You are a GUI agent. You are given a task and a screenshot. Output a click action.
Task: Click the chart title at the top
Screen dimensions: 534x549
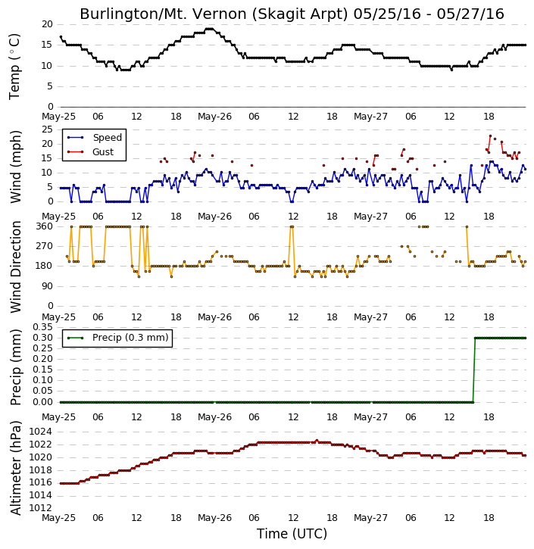point(292,14)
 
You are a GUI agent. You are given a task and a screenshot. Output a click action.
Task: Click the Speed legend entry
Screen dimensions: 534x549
point(95,138)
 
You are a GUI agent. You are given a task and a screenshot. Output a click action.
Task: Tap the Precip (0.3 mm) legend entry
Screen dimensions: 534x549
point(117,338)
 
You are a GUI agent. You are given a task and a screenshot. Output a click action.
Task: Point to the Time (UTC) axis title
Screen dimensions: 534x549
point(292,534)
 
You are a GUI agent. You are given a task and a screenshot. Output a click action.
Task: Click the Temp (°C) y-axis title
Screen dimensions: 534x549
point(14,67)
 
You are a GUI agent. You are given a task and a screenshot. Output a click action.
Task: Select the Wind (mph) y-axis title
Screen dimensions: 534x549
point(16,167)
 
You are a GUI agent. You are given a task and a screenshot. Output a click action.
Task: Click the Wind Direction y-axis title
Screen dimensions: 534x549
point(16,267)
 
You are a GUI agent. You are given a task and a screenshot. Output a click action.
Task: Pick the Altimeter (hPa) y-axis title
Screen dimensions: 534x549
point(16,467)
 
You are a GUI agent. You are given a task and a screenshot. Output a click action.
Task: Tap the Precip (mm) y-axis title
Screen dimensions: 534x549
point(16,367)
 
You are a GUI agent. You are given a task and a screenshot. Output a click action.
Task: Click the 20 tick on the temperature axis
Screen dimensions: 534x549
point(47,24)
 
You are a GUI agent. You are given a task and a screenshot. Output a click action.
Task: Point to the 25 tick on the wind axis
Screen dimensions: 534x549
point(47,129)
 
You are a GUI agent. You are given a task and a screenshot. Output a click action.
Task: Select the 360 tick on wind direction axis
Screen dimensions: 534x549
point(45,226)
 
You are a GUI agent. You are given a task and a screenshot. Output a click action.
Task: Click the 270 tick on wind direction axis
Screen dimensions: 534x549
point(45,246)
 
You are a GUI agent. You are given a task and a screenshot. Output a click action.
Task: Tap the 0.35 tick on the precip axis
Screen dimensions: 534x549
point(42,327)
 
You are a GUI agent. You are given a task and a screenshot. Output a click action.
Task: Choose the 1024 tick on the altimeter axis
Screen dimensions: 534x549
point(40,432)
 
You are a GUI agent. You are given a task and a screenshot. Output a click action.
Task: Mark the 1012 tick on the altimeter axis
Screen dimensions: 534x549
point(40,507)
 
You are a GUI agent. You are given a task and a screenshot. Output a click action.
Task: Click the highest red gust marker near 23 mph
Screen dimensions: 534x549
point(490,136)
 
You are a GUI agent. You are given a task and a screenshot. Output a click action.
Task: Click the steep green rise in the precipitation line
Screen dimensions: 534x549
point(474,370)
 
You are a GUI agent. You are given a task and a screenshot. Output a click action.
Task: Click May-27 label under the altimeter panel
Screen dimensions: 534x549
point(370,517)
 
